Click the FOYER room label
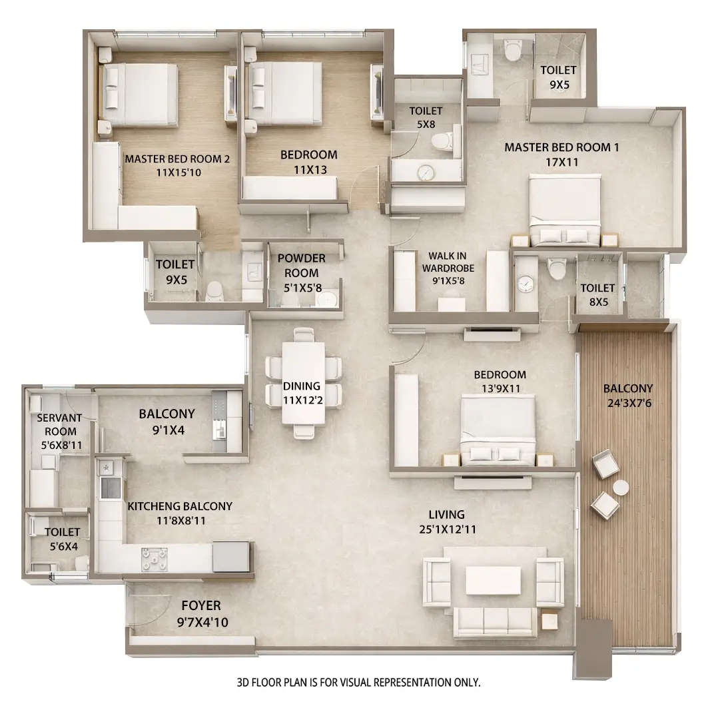(201, 605)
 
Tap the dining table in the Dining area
(303, 382)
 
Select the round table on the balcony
(621, 488)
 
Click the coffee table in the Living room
(493, 580)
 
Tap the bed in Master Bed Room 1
(565, 210)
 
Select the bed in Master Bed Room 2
(139, 94)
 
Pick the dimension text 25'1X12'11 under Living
(447, 530)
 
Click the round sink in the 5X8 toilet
(424, 173)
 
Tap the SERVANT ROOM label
(59, 424)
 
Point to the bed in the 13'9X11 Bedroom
(498, 429)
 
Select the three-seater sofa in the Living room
(494, 622)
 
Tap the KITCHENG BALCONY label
(180, 506)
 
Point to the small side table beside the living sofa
(549, 621)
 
